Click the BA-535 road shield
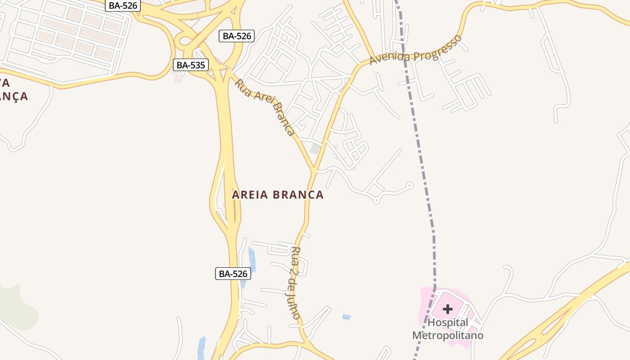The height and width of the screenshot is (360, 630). click(x=191, y=65)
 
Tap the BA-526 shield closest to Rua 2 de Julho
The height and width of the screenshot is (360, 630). click(x=233, y=273)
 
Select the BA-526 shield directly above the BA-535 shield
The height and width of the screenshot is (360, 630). click(x=237, y=36)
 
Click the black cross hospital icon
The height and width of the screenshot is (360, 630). click(x=447, y=309)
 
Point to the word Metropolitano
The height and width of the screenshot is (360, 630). click(x=448, y=336)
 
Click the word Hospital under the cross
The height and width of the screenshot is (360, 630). click(x=448, y=323)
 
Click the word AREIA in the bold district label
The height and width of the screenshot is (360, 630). click(x=250, y=195)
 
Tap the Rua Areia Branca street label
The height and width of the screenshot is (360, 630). click(x=265, y=107)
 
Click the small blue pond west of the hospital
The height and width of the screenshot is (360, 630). click(x=346, y=317)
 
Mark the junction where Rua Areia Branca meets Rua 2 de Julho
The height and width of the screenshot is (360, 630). click(x=313, y=171)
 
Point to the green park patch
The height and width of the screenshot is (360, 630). click(x=18, y=306)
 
